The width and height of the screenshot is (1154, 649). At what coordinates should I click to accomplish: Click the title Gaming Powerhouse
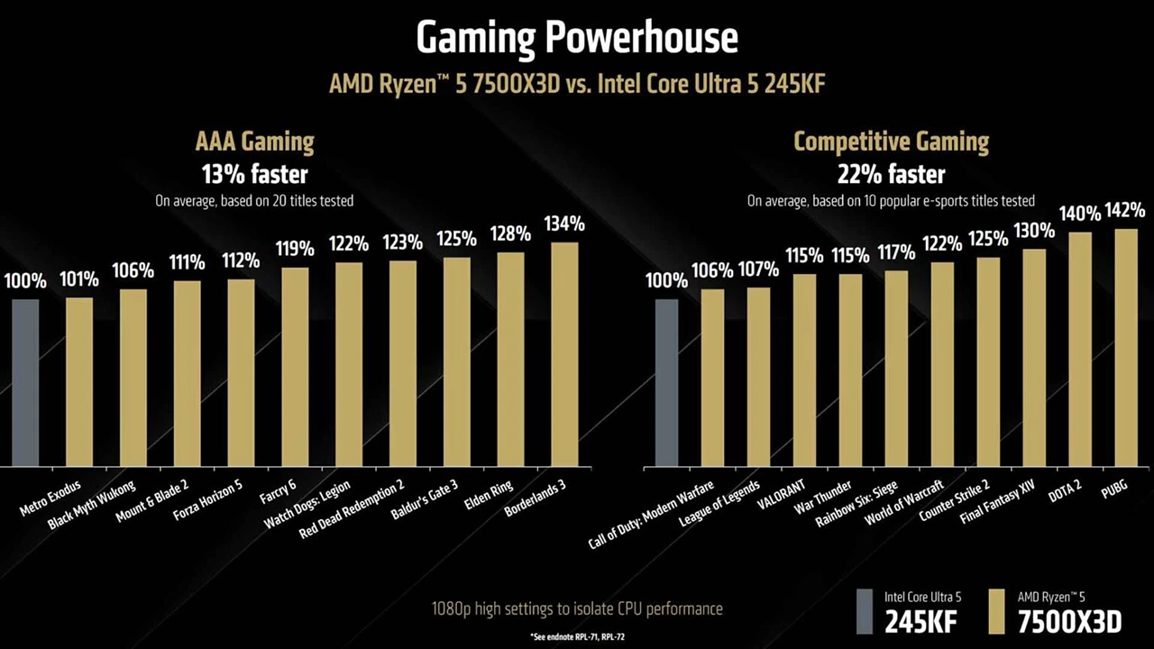tap(577, 38)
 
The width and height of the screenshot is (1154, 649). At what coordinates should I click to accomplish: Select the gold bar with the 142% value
tap(1125, 347)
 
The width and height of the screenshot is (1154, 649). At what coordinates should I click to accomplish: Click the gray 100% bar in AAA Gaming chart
tap(25, 382)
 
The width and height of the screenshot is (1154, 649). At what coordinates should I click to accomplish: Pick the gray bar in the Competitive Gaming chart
tap(666, 382)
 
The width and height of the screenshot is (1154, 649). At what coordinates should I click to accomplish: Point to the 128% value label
tap(510, 234)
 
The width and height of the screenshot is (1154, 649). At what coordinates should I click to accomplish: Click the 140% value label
tap(1080, 214)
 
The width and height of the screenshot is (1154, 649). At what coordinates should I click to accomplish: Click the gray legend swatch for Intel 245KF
tap(865, 612)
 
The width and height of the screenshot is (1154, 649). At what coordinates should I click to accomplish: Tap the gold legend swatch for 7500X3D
tap(996, 612)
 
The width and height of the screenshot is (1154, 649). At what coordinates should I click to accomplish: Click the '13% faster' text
tap(254, 173)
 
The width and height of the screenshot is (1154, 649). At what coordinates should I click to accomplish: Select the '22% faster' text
tap(891, 173)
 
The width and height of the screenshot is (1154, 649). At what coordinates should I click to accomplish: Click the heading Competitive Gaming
tap(891, 142)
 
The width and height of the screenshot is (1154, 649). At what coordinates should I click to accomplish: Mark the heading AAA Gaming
tap(254, 142)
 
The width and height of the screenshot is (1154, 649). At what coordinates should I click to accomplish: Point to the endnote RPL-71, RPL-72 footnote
tap(578, 636)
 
